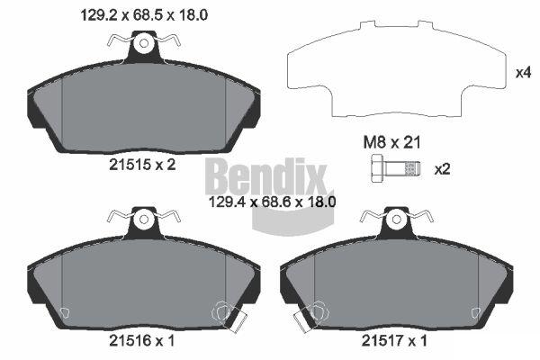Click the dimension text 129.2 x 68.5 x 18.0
(144, 14)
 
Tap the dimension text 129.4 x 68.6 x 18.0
(273, 202)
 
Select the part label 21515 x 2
(142, 165)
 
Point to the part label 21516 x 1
(142, 341)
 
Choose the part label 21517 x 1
(394, 341)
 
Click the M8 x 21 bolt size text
(391, 142)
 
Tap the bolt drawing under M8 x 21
(395, 169)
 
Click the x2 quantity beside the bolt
(442, 169)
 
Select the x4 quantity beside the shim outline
(523, 73)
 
